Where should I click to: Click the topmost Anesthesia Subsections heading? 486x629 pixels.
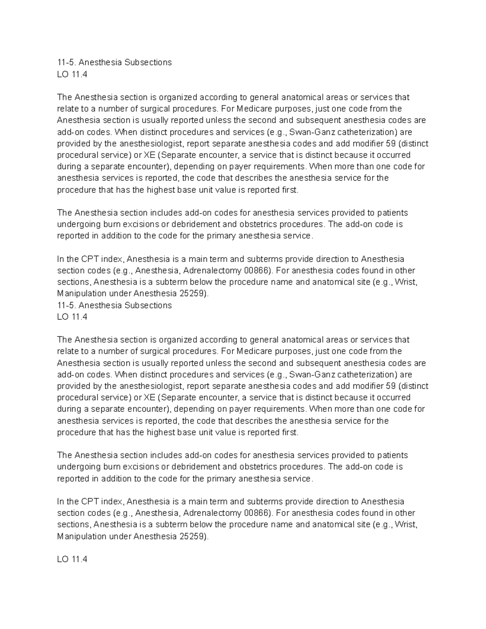click(114, 62)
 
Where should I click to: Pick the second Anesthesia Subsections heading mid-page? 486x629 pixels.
click(114, 305)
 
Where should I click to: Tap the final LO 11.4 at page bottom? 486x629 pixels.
click(72, 559)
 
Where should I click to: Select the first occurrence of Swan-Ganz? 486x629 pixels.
click(313, 132)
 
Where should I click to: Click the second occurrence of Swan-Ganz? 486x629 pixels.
click(313, 375)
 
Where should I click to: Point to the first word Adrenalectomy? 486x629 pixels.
click(212, 271)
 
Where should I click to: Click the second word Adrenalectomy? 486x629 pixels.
click(212, 513)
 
